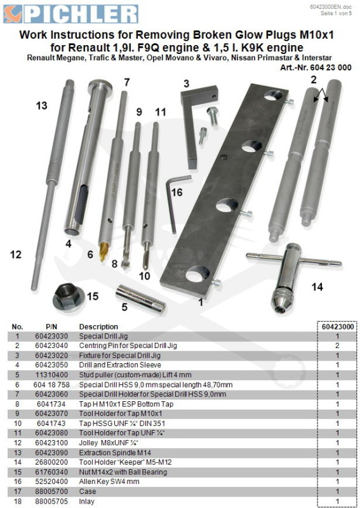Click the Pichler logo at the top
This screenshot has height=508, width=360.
click(x=70, y=14)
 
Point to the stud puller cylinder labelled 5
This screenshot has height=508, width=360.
click(x=141, y=299)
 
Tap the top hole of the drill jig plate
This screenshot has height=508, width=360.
click(x=273, y=95)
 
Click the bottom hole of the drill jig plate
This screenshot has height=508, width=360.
click(x=197, y=274)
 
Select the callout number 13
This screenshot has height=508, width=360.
click(x=41, y=105)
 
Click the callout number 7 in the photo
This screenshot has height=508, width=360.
click(x=127, y=83)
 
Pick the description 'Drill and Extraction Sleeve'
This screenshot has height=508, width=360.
click(x=120, y=364)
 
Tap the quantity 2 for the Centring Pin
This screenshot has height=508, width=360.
click(x=337, y=345)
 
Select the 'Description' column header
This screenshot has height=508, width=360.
click(x=98, y=326)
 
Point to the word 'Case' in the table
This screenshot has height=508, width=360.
click(x=88, y=491)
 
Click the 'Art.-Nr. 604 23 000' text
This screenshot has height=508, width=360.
click(x=316, y=67)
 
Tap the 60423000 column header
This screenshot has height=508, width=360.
click(x=338, y=326)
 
